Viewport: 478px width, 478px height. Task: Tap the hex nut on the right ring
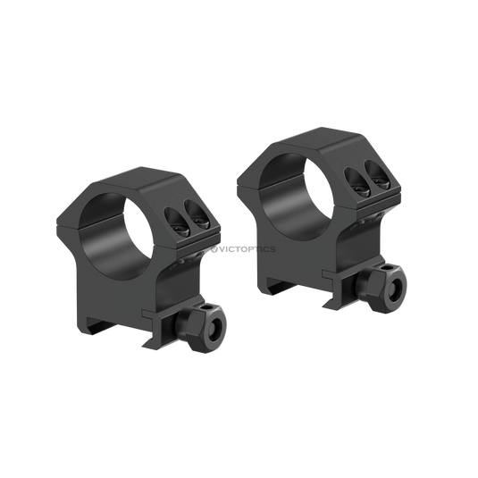pyautogui.click(x=382, y=288)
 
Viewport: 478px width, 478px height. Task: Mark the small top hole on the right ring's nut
pyautogui.click(x=387, y=268)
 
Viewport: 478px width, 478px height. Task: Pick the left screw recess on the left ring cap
pyautogui.click(x=177, y=222)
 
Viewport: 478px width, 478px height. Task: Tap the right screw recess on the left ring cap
pyautogui.click(x=197, y=214)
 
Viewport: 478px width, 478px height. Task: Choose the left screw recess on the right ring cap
pyautogui.click(x=357, y=182)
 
